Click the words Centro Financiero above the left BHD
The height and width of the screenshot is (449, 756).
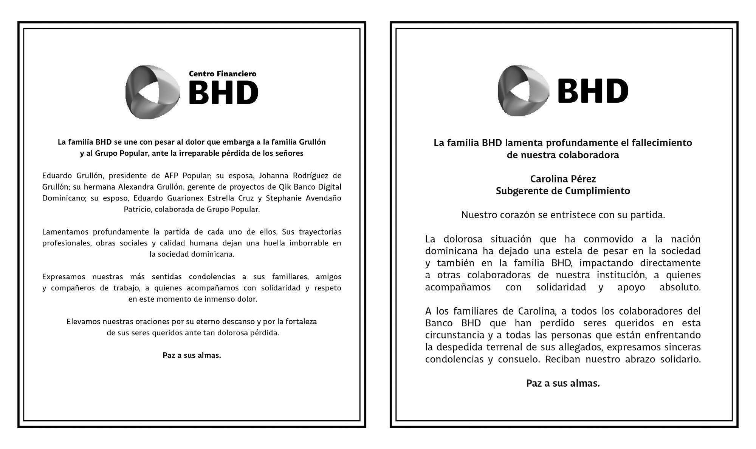(223, 74)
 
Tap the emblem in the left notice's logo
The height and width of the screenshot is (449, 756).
(152, 92)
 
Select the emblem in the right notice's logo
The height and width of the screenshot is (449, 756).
(524, 91)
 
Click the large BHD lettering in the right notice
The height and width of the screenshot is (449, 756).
(593, 91)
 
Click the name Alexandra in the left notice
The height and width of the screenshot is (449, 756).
(135, 187)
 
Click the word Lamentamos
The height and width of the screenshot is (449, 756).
(65, 232)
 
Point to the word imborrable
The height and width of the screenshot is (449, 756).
(309, 243)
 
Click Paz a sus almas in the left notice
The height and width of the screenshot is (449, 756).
(192, 355)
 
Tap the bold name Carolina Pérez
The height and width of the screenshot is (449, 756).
(563, 179)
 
